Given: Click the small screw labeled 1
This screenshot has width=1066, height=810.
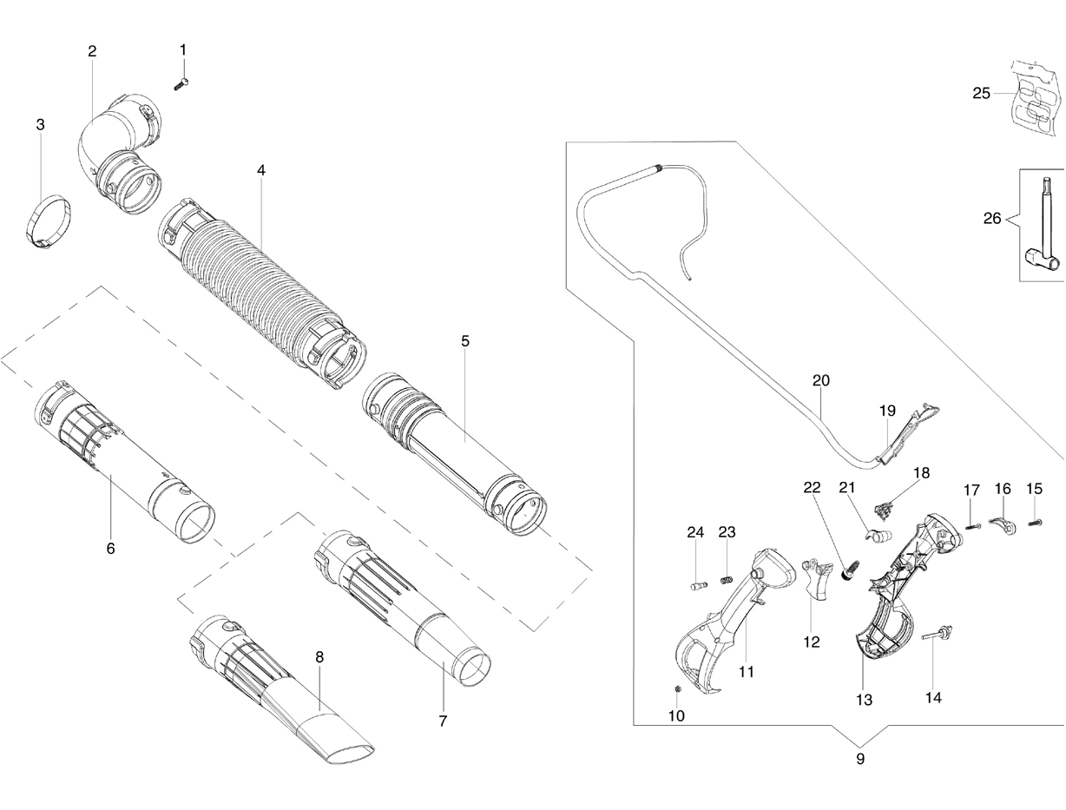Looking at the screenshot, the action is point(181,83).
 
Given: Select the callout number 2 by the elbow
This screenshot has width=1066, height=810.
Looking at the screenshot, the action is point(92,51).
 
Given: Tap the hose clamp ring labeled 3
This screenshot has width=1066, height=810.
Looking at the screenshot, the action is point(49,222).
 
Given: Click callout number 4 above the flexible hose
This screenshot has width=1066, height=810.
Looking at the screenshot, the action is point(261,170).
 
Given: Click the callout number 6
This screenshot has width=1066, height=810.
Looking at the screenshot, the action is point(111,549).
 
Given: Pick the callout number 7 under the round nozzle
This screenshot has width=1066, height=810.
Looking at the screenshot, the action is point(443,721).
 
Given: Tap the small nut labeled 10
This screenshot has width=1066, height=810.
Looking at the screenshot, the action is point(679,689).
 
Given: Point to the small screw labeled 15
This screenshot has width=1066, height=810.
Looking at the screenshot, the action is point(1036,523).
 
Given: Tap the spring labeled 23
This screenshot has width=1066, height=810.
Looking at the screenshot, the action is point(726,580).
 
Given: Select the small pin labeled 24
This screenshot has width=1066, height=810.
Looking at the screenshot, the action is point(699,586).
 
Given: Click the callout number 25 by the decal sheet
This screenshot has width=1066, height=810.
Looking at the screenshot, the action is point(981,93).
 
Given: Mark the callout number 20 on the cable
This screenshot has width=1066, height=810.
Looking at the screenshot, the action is point(820,380).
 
